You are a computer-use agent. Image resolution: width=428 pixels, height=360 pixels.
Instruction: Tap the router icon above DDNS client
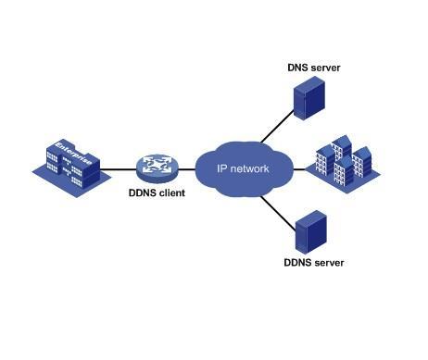coord(154,168)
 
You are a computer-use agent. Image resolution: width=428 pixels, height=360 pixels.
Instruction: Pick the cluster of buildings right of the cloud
coord(342,166)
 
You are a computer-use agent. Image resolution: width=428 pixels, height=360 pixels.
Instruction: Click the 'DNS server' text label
coord(312,68)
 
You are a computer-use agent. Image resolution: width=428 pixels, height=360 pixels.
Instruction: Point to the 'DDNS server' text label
coord(313,263)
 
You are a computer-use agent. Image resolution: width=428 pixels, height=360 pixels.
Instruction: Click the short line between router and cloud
coord(184,168)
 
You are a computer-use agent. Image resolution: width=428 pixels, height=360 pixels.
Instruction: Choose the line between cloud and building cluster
coord(298,168)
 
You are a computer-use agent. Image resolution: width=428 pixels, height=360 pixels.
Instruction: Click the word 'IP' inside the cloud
coord(221,168)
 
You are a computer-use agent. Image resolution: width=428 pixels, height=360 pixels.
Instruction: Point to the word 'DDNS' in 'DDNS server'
coord(298,263)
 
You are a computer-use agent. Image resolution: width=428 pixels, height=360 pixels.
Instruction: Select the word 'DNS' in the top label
coord(298,68)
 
